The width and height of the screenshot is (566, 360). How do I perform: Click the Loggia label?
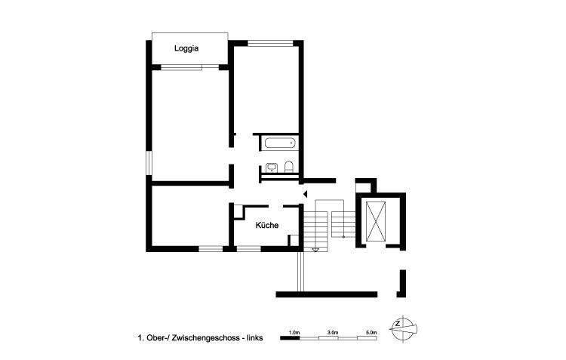(186, 48)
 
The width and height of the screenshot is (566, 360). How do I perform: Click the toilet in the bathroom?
(288, 167)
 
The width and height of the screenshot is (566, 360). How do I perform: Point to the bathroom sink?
(270, 168)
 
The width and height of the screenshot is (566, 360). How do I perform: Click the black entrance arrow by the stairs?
(304, 195)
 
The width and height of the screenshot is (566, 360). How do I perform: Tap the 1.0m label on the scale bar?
(295, 332)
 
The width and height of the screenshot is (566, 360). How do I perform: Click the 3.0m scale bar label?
(332, 332)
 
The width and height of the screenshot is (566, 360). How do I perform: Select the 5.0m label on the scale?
(371, 332)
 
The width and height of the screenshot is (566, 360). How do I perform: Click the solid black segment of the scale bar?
(291, 338)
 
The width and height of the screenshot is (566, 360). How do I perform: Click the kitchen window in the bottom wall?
(249, 248)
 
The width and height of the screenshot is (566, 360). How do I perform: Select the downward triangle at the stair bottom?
(316, 249)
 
